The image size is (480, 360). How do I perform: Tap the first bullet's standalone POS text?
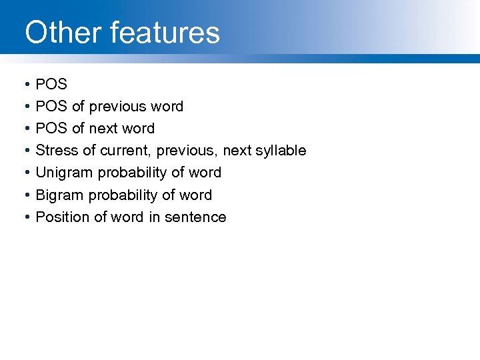pos(51,84)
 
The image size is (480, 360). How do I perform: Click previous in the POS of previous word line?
pos(117,107)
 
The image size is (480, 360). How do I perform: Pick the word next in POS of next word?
pos(103,129)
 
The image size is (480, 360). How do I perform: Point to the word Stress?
pos(57,151)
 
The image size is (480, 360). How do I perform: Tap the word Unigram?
pos(65,173)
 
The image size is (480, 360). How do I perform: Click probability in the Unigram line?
pos(132,173)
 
